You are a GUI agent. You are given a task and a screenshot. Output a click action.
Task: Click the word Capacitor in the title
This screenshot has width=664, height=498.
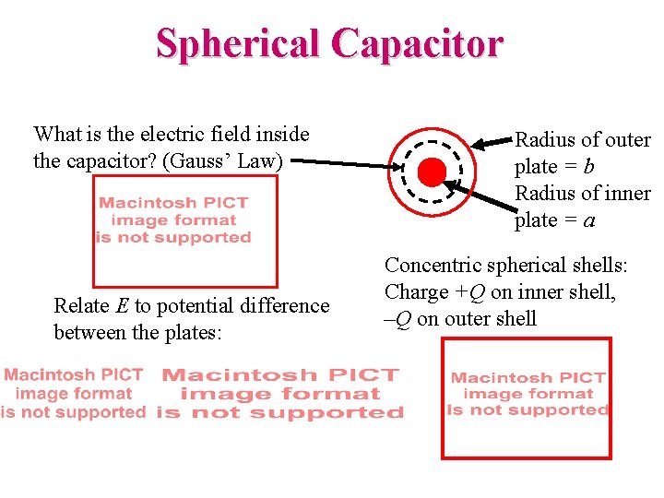click(x=418, y=44)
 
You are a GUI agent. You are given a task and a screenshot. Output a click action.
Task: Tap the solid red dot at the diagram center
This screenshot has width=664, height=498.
click(x=431, y=172)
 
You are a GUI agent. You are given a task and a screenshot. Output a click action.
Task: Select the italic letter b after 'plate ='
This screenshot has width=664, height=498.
click(x=589, y=167)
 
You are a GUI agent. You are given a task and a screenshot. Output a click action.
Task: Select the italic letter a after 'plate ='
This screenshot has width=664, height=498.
click(x=589, y=221)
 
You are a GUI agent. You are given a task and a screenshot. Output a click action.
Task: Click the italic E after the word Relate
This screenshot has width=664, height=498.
click(x=122, y=305)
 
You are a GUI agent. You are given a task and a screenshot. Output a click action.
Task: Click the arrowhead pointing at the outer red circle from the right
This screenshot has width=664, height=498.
click(x=478, y=145)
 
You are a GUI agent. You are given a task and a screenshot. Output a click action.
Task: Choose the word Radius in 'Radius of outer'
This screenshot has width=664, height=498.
click(x=543, y=140)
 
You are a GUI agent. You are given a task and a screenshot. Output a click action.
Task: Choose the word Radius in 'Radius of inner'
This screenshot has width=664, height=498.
click(x=543, y=194)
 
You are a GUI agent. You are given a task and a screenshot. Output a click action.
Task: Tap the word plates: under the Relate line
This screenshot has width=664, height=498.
click(x=192, y=332)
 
